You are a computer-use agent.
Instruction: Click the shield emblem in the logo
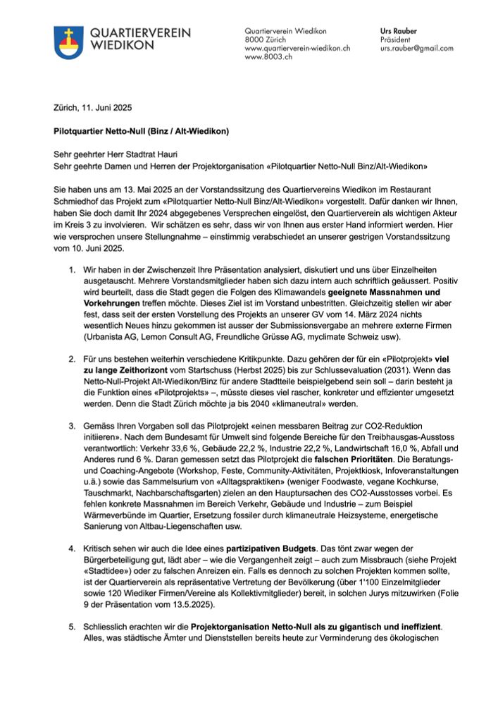coord(68,42)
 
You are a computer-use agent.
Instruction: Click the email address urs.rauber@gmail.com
coord(417,49)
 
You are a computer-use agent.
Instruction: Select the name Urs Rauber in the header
coord(399,32)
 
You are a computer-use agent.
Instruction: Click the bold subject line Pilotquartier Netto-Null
coord(141,131)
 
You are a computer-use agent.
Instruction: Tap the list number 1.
coord(72,270)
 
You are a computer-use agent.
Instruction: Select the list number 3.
coord(72,427)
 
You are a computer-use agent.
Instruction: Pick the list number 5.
coord(72,626)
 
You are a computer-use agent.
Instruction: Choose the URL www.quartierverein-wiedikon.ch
coord(297,49)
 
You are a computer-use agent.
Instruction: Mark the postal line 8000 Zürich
coord(267,40)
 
